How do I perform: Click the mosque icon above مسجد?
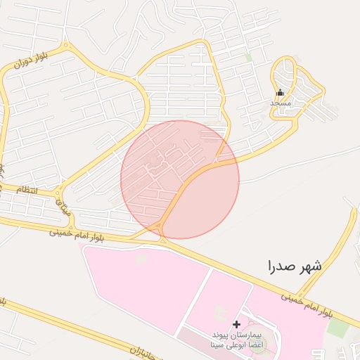(x=280, y=92)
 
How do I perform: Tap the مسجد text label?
(x=281, y=103)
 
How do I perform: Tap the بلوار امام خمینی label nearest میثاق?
(x=77, y=233)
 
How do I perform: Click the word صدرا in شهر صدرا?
(x=280, y=266)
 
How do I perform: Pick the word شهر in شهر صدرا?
(x=310, y=266)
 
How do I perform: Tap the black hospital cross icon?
(x=236, y=324)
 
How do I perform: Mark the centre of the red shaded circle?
(x=180, y=179)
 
